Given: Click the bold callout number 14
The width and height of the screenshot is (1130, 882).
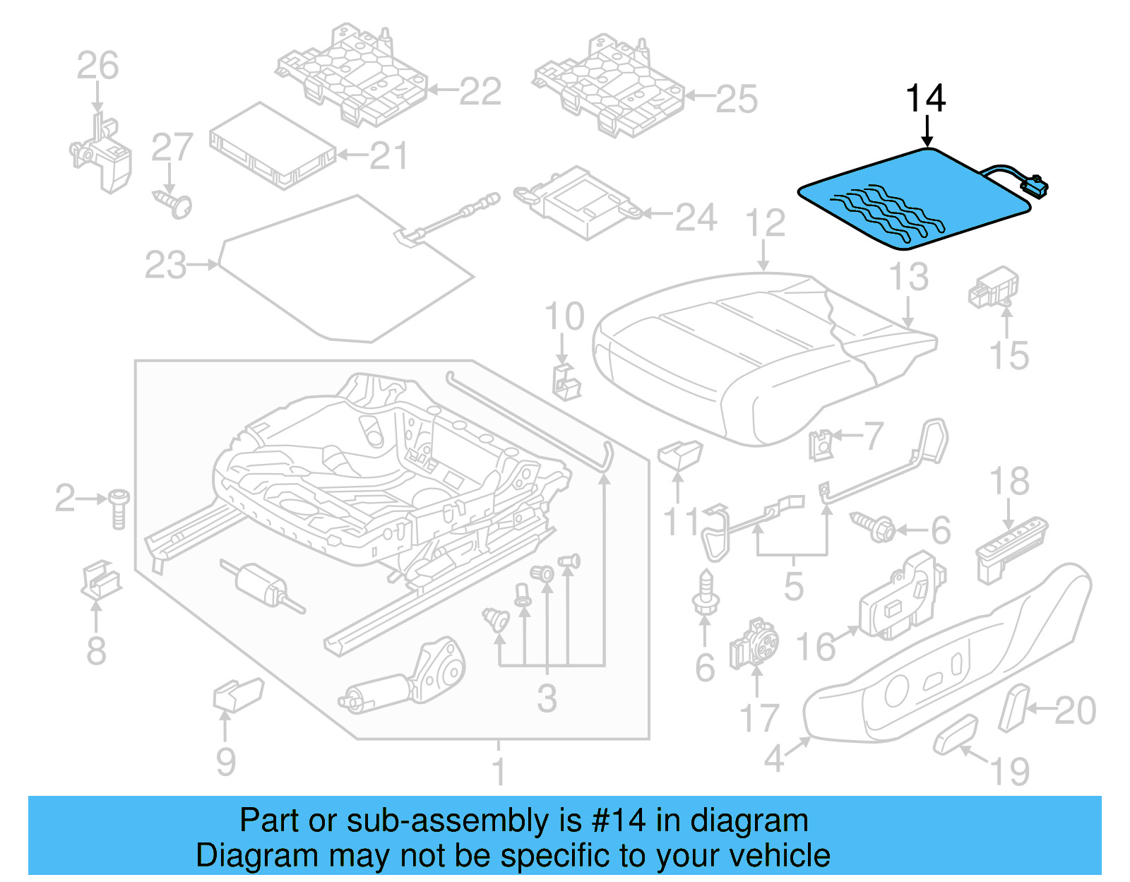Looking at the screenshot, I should click(x=925, y=99).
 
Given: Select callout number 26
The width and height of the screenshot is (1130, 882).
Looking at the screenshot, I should click(x=97, y=66).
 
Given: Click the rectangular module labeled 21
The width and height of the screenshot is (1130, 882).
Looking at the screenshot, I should click(x=272, y=146).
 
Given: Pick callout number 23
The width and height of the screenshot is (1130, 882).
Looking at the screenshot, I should click(x=165, y=266).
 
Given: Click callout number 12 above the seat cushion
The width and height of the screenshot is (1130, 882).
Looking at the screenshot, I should click(x=765, y=224).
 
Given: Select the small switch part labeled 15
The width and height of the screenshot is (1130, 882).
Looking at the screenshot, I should click(x=993, y=287).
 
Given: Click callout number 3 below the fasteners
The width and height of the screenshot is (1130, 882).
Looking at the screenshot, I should click(x=547, y=698).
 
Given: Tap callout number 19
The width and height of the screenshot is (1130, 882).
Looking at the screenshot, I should click(x=1011, y=770).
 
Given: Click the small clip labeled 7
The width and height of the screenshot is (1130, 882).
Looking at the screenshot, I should click(x=821, y=445).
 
